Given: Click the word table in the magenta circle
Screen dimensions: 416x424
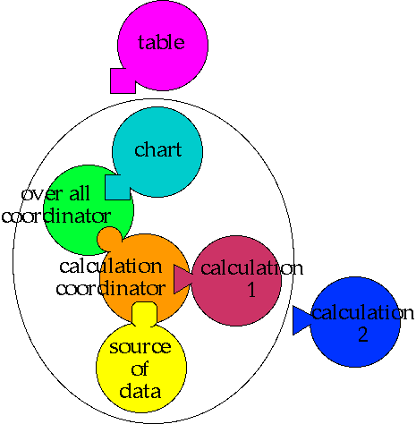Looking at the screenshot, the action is click(x=161, y=42).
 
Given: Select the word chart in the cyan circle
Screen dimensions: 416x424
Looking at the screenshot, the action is click(x=158, y=149).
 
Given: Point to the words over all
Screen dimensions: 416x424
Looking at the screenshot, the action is click(x=55, y=194).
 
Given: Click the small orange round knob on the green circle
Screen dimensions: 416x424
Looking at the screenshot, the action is click(x=109, y=239).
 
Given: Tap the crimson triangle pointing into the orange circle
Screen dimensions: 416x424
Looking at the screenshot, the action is click(x=182, y=279).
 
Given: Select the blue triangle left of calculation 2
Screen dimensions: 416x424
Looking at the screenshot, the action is click(x=302, y=320).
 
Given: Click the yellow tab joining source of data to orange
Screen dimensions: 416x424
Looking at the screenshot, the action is click(x=144, y=314).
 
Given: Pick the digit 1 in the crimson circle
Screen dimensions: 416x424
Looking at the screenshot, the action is click(x=251, y=289).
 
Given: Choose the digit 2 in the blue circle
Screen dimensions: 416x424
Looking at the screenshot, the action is click(x=362, y=335).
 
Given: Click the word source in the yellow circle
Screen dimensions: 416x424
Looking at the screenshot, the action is click(x=140, y=347).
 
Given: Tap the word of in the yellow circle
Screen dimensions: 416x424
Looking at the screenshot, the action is click(x=140, y=369).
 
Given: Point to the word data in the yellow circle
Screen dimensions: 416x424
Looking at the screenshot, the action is click(x=140, y=391).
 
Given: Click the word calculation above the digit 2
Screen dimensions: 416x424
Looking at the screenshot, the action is click(x=362, y=313).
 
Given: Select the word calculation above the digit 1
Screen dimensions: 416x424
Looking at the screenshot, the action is click(x=251, y=267).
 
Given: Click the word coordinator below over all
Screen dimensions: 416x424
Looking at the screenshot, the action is click(x=56, y=216).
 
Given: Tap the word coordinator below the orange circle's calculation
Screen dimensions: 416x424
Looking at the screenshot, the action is click(x=111, y=288).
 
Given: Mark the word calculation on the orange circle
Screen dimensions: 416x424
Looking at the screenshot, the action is click(x=111, y=266).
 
